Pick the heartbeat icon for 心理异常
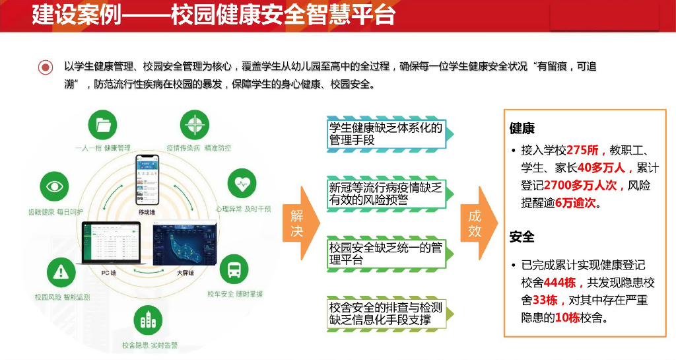(242, 183)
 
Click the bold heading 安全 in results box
(522, 236)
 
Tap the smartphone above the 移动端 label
(147, 180)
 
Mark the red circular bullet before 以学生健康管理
(46, 67)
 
